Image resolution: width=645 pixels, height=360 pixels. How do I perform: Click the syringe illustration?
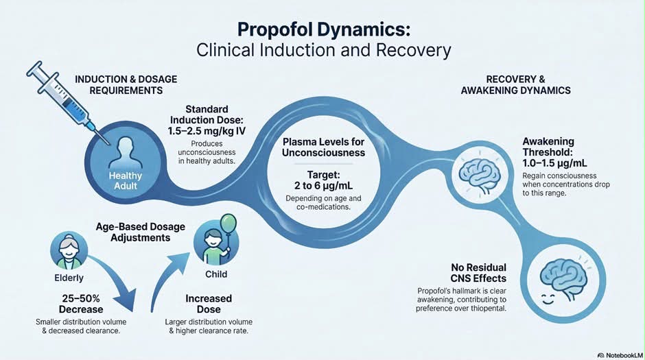click(66, 101)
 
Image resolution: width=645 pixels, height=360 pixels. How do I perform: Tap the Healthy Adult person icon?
click(125, 153)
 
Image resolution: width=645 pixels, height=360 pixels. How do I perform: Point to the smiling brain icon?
click(563, 281)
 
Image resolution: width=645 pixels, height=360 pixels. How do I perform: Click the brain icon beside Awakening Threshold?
click(480, 175)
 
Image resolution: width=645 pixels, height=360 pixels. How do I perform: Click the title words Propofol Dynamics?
click(324, 30)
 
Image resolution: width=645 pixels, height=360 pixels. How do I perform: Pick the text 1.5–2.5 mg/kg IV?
click(207, 131)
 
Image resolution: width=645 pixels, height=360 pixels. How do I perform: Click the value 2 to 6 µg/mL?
click(323, 185)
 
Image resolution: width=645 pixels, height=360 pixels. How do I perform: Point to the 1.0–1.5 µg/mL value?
click(555, 163)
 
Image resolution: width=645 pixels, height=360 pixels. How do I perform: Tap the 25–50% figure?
click(81, 298)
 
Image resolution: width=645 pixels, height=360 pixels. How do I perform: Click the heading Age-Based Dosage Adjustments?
click(140, 232)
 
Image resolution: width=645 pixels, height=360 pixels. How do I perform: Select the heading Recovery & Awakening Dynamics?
click(516, 84)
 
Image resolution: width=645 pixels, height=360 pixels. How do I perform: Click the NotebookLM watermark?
click(620, 355)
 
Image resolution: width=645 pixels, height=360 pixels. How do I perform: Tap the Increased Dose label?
click(209, 304)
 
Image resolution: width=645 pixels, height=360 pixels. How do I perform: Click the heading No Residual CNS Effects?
click(478, 273)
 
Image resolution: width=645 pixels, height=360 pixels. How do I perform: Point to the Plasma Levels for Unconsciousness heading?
click(323, 147)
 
